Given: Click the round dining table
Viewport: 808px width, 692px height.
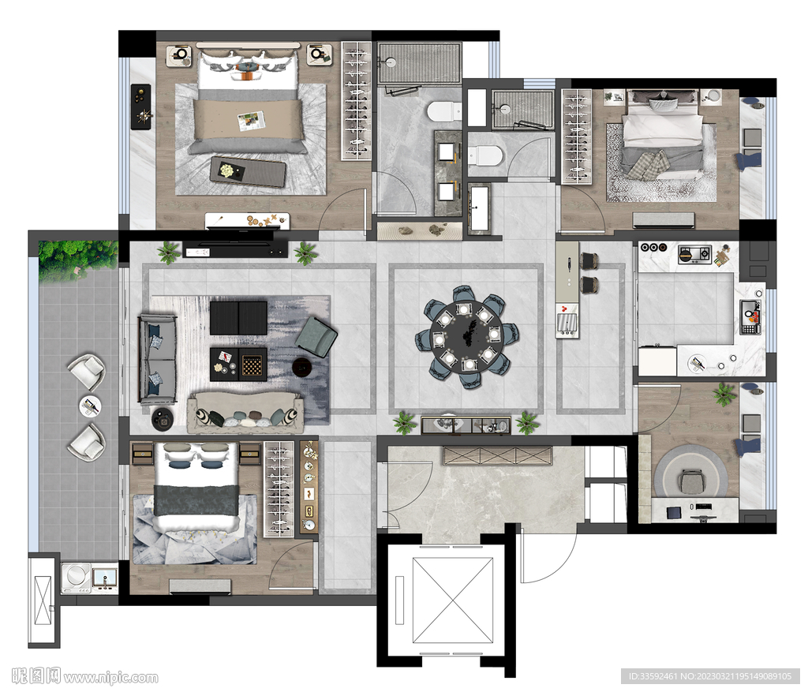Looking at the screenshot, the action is point(466,336).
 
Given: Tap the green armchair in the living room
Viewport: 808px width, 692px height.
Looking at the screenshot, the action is point(316,337).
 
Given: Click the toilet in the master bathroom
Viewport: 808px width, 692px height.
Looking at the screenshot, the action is point(444,110).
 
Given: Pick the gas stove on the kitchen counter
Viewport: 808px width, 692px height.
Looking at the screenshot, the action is point(694,254).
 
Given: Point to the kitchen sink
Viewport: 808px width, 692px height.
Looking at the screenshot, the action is point(750,316).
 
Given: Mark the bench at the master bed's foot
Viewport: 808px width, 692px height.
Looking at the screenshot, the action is point(248,171).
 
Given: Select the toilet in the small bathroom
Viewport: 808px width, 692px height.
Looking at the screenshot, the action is point(484,155).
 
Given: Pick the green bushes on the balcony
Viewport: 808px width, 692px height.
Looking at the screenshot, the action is point(78,260).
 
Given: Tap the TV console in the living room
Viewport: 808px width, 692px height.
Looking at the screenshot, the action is point(235,249).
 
